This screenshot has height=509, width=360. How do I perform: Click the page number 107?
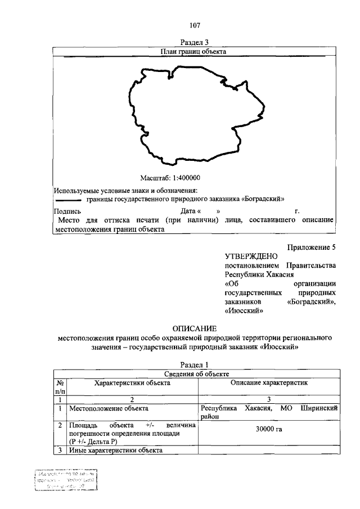coord(195,25)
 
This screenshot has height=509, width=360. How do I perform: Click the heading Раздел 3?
coord(195,42)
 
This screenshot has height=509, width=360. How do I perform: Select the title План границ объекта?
coord(194,51)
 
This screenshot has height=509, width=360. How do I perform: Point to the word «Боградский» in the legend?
coord(262,199)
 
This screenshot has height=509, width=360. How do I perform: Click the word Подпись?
coord(66,211)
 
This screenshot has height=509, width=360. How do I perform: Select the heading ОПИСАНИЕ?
coord(195,328)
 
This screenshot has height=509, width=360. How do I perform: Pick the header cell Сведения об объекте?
coord(195,374)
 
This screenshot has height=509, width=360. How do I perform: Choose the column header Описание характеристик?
coord(269,383)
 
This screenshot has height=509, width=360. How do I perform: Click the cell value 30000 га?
coord(269,430)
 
